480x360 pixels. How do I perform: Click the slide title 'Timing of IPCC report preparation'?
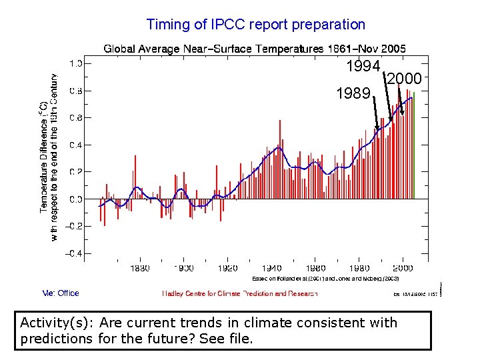pyautogui.click(x=255, y=25)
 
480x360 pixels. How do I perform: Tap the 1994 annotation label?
pyautogui.click(x=363, y=66)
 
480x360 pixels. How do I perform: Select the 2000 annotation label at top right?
pyautogui.click(x=404, y=79)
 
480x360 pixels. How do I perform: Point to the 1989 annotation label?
pyautogui.click(x=353, y=93)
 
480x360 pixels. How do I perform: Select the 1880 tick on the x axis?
pyautogui.click(x=139, y=268)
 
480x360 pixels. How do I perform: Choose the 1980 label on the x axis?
pyautogui.click(x=359, y=268)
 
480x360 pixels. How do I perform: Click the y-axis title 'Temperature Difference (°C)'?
pyautogui.click(x=43, y=157)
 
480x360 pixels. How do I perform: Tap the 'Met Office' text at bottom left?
pyautogui.click(x=61, y=293)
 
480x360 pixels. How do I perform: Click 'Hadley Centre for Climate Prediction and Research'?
pyautogui.click(x=240, y=293)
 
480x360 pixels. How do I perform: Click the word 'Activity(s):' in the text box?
pyautogui.click(x=57, y=323)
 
